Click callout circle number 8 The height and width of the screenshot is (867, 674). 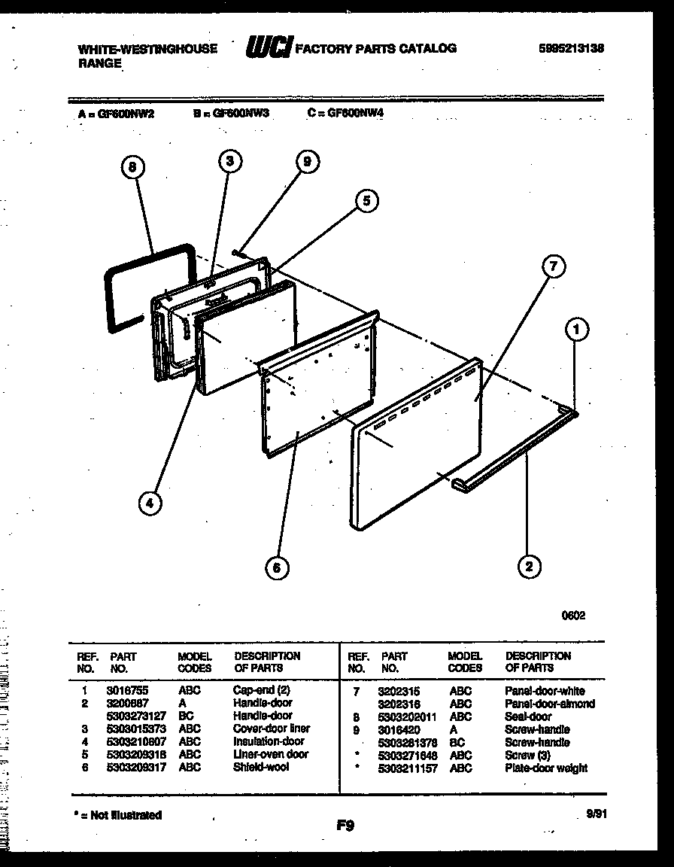(x=132, y=169)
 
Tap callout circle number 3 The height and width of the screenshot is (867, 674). (x=230, y=160)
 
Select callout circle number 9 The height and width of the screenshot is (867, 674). (x=307, y=162)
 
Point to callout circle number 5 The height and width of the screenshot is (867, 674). (x=366, y=200)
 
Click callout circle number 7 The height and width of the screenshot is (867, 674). (x=553, y=266)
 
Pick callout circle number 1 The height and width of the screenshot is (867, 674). (x=577, y=329)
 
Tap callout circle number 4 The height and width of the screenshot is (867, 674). (x=150, y=503)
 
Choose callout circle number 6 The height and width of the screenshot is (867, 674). (x=277, y=567)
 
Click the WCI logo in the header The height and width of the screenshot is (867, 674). (x=269, y=48)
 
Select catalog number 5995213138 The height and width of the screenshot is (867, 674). (x=572, y=48)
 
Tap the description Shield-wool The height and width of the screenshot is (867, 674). (x=260, y=767)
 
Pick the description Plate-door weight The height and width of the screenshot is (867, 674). (x=546, y=768)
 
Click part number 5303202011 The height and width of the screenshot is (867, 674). (x=408, y=716)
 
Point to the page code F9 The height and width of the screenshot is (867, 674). (x=345, y=826)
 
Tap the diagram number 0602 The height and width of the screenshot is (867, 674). (x=573, y=615)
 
